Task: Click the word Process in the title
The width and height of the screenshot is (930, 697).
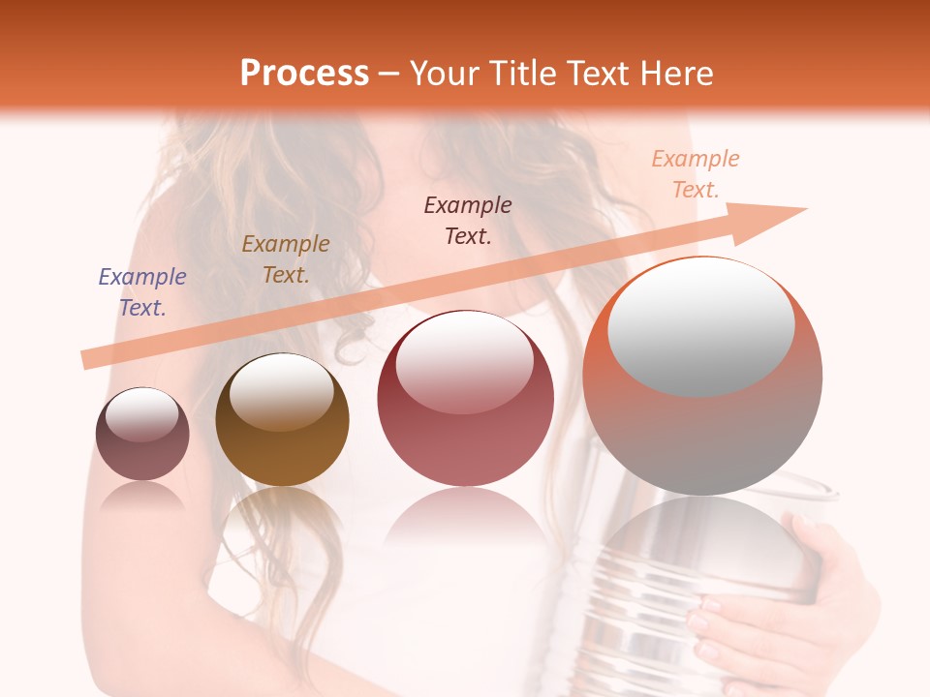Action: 304,74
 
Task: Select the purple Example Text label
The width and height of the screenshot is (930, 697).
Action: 142,292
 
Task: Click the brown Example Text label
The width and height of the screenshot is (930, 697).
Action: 286,259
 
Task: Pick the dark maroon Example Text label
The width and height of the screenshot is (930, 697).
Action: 468,220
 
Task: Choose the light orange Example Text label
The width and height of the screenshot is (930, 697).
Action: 696,174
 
